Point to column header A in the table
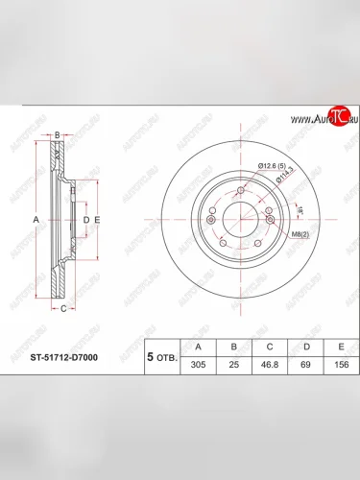(199, 347)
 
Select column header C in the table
(271, 347)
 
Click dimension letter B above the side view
(58, 135)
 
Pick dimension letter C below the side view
(62, 309)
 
